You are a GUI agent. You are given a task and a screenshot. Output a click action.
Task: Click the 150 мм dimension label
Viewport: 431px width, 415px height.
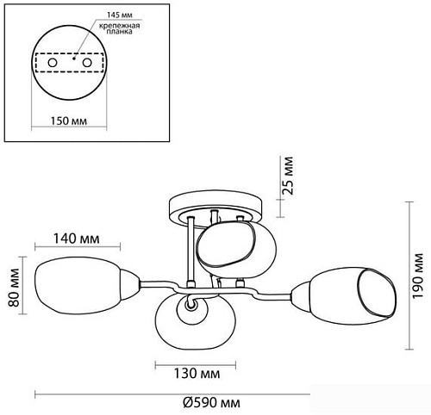tap(69, 121)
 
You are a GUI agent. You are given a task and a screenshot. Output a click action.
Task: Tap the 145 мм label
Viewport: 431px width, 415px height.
tap(120, 15)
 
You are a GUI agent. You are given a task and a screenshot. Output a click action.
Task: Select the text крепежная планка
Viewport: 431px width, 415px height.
tap(120, 28)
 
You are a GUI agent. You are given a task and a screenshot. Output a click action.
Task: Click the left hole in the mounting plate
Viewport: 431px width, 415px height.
tap(53, 63)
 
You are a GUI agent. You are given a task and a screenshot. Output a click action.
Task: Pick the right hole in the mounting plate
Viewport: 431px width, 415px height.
tap(87, 63)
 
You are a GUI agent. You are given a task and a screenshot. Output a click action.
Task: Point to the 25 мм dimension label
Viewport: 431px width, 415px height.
tap(287, 176)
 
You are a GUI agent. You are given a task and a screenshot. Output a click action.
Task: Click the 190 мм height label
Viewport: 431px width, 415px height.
tap(418, 276)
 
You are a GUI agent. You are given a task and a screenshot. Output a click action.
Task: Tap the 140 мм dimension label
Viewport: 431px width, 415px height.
tap(77, 238)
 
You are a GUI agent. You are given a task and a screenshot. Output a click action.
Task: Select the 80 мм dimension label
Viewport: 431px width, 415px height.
tap(14, 288)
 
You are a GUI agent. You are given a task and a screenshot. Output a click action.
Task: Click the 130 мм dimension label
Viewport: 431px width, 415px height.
tap(197, 374)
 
